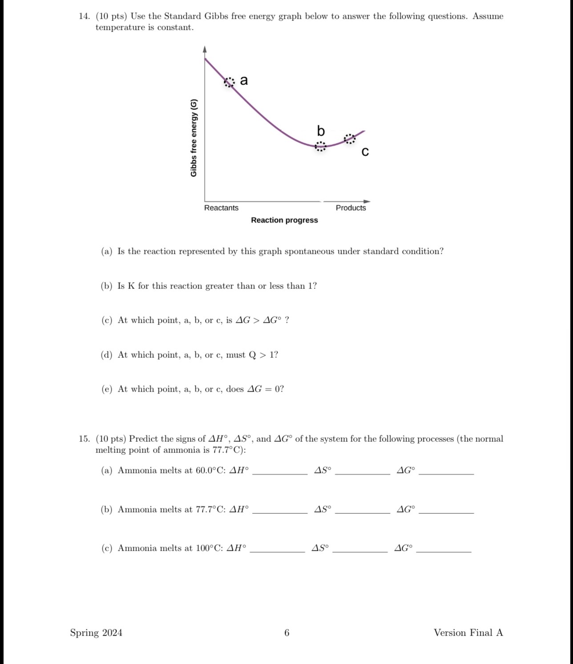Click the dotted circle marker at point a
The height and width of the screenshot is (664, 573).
point(229,82)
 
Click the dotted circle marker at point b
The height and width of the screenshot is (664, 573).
point(320,146)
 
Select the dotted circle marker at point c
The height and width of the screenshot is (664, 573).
point(350,139)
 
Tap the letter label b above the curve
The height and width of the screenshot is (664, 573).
point(321,131)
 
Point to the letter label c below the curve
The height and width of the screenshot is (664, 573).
point(365,152)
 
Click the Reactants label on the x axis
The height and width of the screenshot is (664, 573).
point(221,208)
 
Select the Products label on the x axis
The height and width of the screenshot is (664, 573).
point(351,208)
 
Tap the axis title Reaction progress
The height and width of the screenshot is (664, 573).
point(284,220)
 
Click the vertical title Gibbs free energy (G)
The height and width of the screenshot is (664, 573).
point(194,138)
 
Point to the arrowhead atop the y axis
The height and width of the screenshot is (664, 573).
point(205,49)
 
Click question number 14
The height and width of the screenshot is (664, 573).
point(84,16)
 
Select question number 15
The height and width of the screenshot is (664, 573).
point(84,439)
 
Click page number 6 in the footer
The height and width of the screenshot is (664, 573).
point(286,633)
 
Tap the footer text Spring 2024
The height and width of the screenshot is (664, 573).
point(96,633)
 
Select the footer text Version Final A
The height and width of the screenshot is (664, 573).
point(468,633)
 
